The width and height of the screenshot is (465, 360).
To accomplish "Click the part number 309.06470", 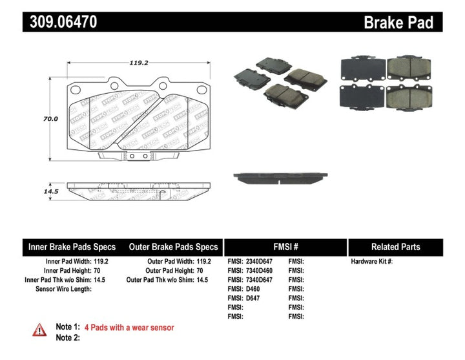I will click(x=61, y=22).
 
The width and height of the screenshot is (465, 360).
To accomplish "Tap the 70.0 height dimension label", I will click(x=50, y=119).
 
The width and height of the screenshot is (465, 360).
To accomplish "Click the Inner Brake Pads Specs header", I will click(x=72, y=247).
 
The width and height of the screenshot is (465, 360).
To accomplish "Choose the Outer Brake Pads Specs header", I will click(x=173, y=247).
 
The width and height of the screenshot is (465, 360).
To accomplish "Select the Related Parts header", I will click(x=395, y=247).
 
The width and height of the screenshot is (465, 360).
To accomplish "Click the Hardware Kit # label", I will click(x=371, y=261).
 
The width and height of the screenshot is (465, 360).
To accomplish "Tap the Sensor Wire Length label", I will click(x=63, y=288).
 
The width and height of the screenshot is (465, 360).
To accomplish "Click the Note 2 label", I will click(x=68, y=337).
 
